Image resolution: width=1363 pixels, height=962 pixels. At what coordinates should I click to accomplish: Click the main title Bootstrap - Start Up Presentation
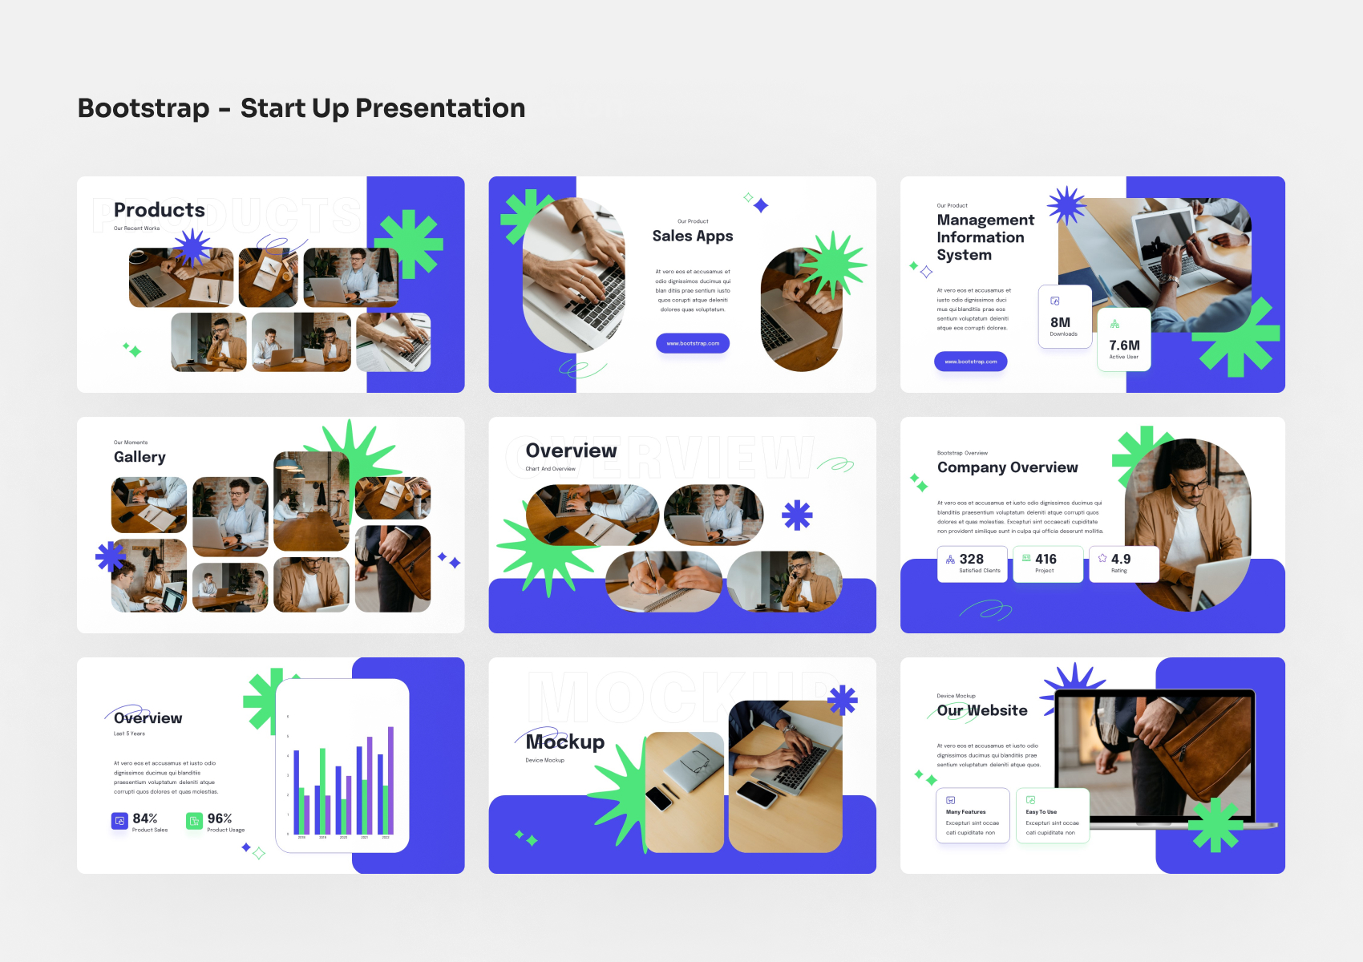(x=301, y=108)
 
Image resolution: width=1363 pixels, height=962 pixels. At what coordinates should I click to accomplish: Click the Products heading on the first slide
(x=159, y=210)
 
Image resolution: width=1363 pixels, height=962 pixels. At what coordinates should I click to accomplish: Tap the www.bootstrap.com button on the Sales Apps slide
(x=693, y=343)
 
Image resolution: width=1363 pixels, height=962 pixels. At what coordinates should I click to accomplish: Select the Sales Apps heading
(x=693, y=236)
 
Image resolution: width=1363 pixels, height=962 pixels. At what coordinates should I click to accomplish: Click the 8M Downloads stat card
(x=1064, y=317)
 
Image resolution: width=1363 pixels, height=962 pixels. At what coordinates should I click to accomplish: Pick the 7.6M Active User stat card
(x=1123, y=341)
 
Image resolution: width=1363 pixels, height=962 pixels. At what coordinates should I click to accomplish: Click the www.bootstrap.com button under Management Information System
(x=970, y=362)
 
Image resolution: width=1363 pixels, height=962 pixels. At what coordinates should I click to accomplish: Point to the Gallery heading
(x=140, y=457)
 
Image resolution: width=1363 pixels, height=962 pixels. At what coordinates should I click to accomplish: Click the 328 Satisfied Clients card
(x=972, y=564)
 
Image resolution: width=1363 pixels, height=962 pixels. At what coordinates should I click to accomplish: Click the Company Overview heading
(x=1007, y=467)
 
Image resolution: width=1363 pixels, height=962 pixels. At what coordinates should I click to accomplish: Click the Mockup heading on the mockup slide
(x=565, y=742)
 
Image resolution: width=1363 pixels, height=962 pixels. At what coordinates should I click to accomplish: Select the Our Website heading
(x=982, y=710)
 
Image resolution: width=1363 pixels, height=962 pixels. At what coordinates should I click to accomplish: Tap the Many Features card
(x=972, y=816)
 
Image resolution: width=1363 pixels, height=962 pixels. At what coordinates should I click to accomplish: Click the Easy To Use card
(x=1052, y=816)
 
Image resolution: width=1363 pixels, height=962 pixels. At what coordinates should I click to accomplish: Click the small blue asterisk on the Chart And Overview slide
(x=797, y=515)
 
